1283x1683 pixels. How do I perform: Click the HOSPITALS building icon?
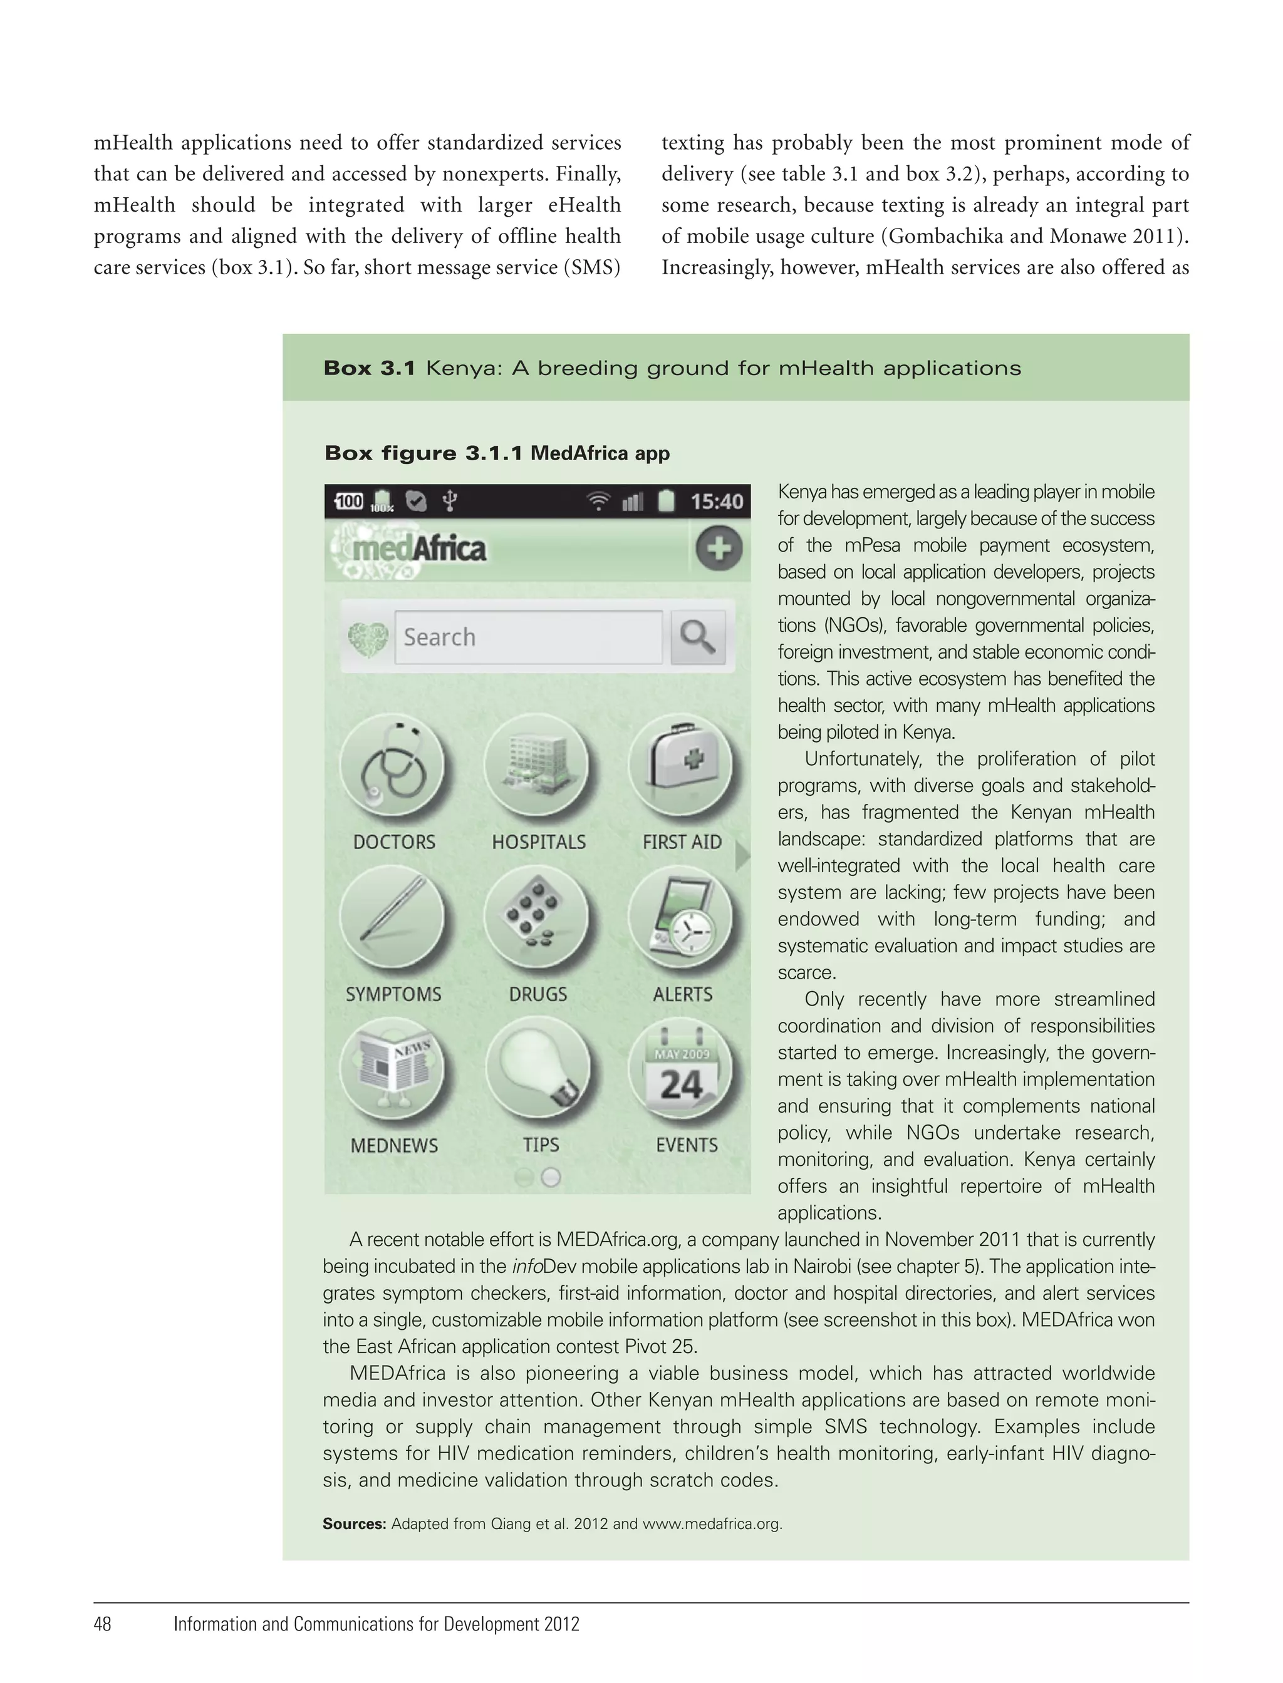pos(537,766)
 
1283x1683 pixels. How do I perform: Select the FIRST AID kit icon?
pos(680,766)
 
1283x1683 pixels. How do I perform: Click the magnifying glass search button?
pos(697,637)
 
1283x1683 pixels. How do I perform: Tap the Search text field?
pos(529,637)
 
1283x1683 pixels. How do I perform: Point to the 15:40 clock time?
pos(716,502)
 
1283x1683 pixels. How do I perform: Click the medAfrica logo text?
pos(418,548)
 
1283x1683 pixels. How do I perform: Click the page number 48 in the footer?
pos(102,1624)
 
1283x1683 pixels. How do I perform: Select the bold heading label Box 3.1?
pos(369,368)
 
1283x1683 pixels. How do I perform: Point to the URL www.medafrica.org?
pos(712,1523)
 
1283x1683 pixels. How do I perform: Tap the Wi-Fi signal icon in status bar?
pos(598,502)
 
